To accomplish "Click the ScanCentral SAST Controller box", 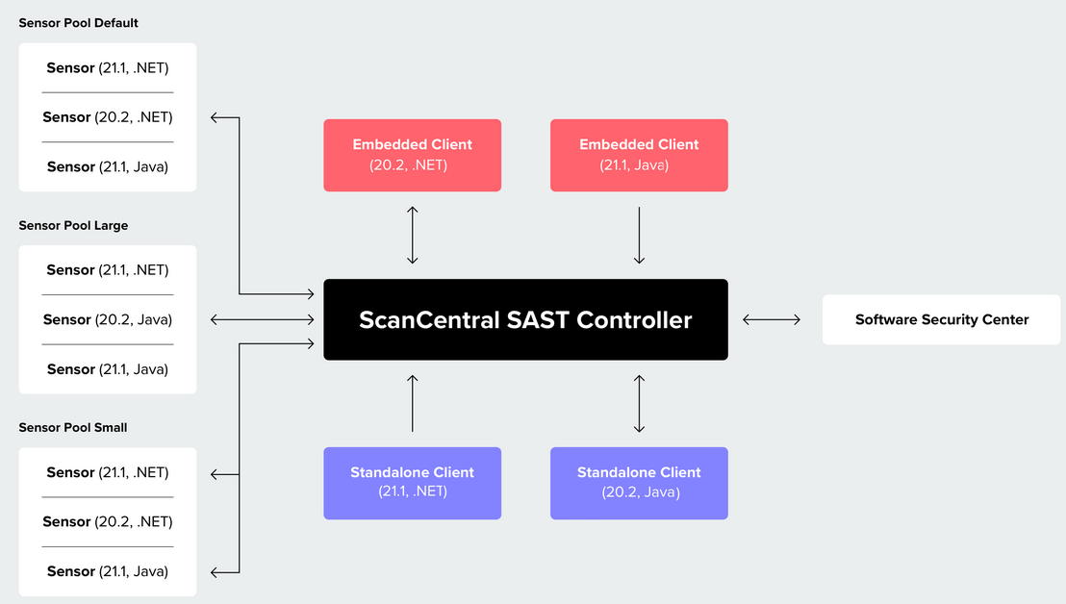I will pyautogui.click(x=525, y=319).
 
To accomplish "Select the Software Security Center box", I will pyautogui.click(x=941, y=319).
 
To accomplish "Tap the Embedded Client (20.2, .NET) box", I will pyautogui.click(x=412, y=155).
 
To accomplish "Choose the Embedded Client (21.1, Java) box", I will pyautogui.click(x=639, y=155).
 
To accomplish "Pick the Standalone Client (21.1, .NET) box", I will pyautogui.click(x=412, y=483).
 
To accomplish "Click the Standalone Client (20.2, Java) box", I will pyautogui.click(x=639, y=483).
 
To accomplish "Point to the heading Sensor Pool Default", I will pyautogui.click(x=79, y=23).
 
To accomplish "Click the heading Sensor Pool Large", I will pyautogui.click(x=73, y=225).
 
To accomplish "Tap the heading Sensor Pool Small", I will pyautogui.click(x=73, y=427).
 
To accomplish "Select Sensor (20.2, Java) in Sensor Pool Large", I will pyautogui.click(x=108, y=319).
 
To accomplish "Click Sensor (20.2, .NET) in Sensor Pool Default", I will pyautogui.click(x=108, y=117).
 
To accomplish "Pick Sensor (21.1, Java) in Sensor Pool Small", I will pyautogui.click(x=108, y=571).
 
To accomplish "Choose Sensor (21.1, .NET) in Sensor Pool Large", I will pyautogui.click(x=108, y=270).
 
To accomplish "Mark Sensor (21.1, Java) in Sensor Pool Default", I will pyautogui.click(x=108, y=166).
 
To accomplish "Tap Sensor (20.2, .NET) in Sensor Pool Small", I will pyautogui.click(x=108, y=521).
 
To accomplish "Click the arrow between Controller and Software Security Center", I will pyautogui.click(x=772, y=319).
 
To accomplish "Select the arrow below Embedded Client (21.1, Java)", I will pyautogui.click(x=639, y=235).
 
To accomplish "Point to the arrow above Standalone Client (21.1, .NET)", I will pyautogui.click(x=412, y=403).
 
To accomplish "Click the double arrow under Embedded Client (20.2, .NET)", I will pyautogui.click(x=412, y=235).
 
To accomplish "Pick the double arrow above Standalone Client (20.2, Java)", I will pyautogui.click(x=639, y=403).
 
